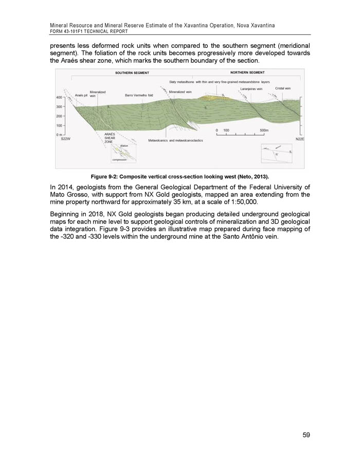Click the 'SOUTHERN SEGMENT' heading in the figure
click(x=132, y=73)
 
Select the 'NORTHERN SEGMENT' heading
click(x=247, y=72)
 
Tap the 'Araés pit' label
click(x=82, y=96)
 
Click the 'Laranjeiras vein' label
click(x=251, y=89)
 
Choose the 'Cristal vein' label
click(x=283, y=88)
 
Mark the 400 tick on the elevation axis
click(x=60, y=97)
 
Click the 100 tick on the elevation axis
click(x=60, y=126)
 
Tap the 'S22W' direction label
click(x=66, y=139)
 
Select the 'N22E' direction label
click(x=300, y=139)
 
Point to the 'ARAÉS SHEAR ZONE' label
click(x=110, y=138)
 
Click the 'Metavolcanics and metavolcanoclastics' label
click(x=175, y=140)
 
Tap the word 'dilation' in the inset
click(x=124, y=146)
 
